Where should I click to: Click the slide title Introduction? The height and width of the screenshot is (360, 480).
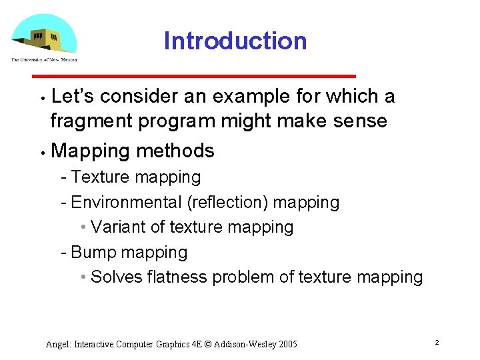coord(235,41)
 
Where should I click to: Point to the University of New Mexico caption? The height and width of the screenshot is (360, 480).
coord(44,60)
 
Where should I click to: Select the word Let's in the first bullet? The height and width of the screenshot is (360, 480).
coord(73,97)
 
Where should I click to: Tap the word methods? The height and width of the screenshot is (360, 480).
coord(175,151)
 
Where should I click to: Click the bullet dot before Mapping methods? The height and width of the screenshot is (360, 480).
coord(41,152)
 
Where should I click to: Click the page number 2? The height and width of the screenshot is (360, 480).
coord(436,343)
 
